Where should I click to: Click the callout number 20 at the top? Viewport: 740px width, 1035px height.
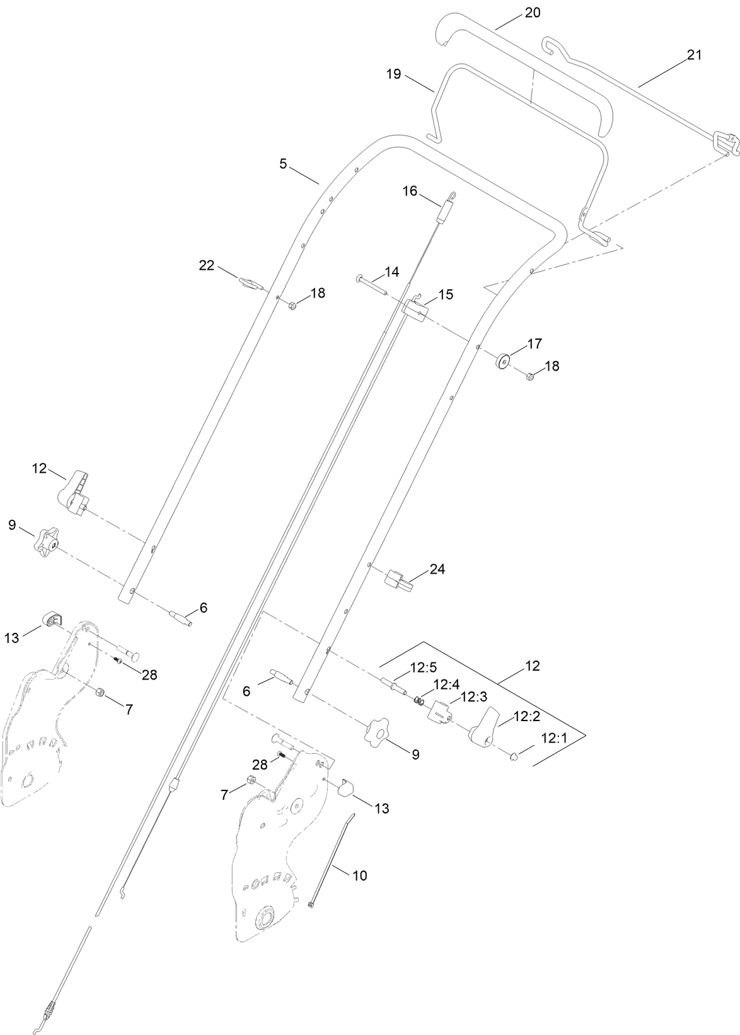[x=533, y=13]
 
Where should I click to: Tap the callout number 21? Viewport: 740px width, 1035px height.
[x=694, y=55]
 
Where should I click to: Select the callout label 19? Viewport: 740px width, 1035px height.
[x=393, y=74]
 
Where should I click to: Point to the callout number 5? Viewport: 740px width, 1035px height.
[x=283, y=164]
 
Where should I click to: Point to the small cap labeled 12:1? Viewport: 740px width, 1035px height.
[x=514, y=756]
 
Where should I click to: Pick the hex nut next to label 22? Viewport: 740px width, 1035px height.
[x=292, y=306]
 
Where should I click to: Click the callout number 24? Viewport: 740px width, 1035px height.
[x=437, y=569]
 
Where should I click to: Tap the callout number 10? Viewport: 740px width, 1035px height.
[x=360, y=876]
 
